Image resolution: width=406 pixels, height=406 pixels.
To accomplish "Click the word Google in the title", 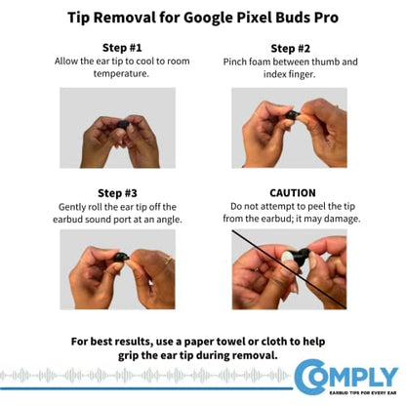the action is (x=209, y=19).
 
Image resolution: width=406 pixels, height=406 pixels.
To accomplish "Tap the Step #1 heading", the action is (x=122, y=48).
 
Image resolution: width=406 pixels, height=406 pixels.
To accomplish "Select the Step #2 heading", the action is (x=291, y=49).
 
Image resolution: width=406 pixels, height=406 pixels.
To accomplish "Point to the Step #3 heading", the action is (x=117, y=193).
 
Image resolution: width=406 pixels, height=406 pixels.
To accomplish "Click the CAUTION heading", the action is (x=293, y=193).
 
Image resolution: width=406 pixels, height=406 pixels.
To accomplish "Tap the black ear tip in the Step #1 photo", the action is (x=123, y=125).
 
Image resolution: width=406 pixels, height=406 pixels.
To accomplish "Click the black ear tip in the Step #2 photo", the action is (x=293, y=115).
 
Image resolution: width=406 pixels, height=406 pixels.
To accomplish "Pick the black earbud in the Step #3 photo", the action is (x=120, y=257).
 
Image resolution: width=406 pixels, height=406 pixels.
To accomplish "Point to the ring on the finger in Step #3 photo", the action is (x=169, y=260).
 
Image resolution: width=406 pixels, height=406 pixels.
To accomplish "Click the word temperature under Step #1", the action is (x=121, y=73).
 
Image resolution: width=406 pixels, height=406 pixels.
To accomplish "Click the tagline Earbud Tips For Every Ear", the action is (x=363, y=392).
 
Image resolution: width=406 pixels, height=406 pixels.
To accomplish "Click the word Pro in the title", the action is (x=326, y=18).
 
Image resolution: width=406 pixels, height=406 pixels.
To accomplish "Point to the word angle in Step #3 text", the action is (x=169, y=221).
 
